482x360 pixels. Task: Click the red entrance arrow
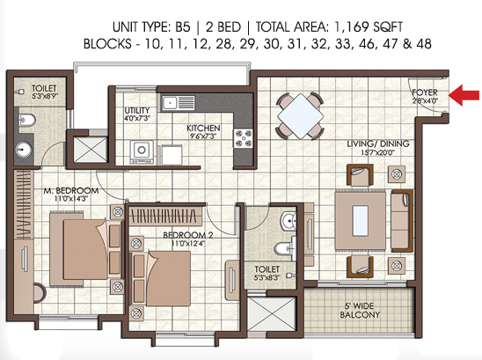tap(464, 95)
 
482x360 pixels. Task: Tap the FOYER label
tap(425, 92)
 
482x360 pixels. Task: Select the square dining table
tap(300, 116)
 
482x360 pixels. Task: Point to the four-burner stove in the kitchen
tap(243, 138)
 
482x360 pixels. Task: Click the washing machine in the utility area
tap(142, 152)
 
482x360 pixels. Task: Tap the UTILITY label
tap(137, 110)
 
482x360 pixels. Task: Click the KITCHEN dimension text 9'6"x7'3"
tap(203, 136)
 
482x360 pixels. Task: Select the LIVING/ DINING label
tap(378, 143)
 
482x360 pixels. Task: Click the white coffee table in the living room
tap(361, 221)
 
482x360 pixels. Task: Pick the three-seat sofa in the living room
tap(402, 221)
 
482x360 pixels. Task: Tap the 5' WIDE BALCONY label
tap(360, 310)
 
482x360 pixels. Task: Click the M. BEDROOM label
tap(71, 191)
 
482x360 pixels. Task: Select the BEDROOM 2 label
tap(188, 235)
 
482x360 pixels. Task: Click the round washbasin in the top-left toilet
tap(24, 150)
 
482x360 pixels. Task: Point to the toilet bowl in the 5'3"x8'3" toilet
tap(283, 248)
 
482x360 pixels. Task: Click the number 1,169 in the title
tap(351, 27)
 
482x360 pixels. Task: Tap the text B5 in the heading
tap(183, 27)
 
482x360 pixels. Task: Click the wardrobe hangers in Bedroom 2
tap(164, 216)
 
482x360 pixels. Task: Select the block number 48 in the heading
tap(424, 44)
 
